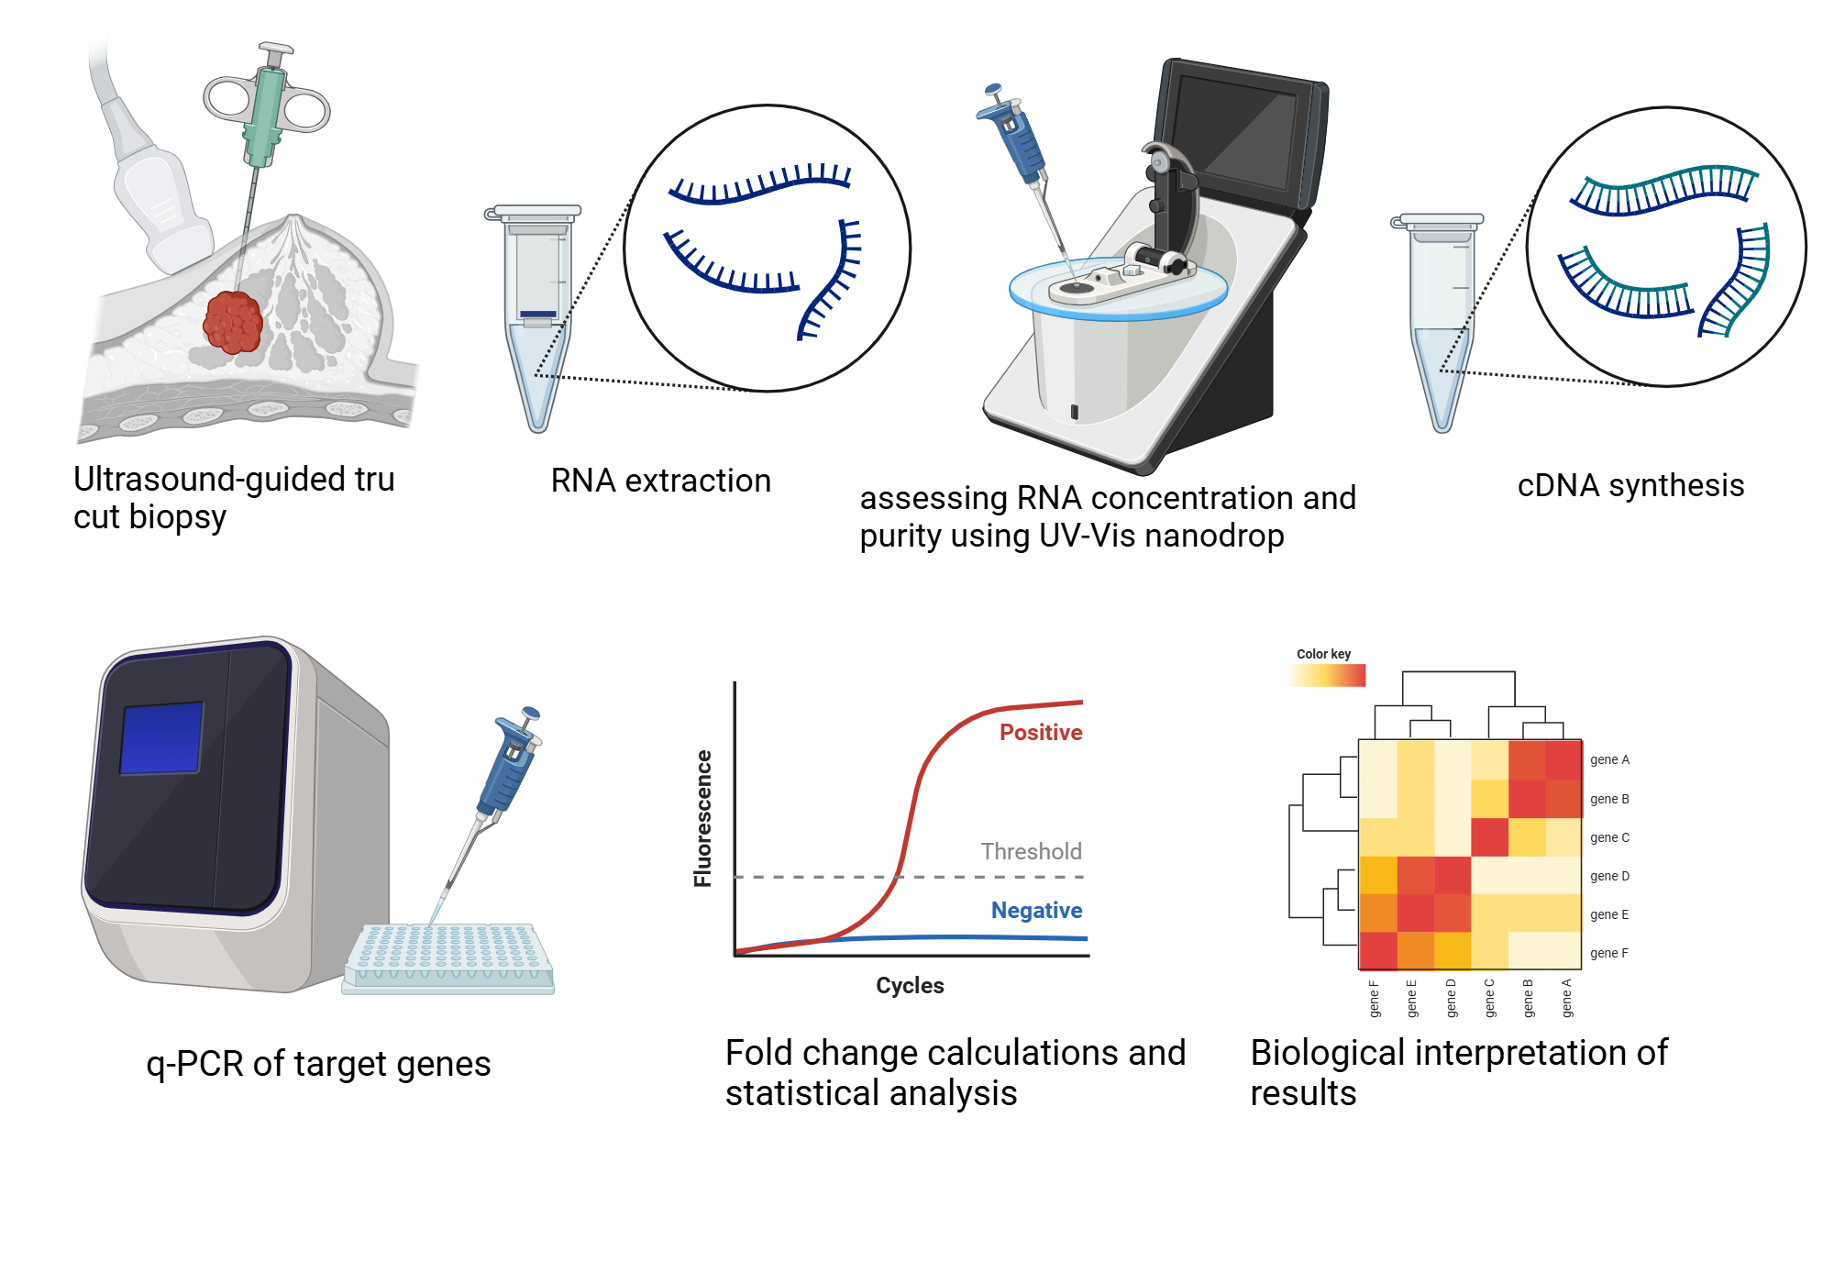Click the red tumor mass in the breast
point(233,322)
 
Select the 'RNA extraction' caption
point(660,481)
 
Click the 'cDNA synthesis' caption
point(1630,485)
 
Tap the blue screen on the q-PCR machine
point(162,738)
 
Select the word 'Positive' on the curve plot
point(1040,732)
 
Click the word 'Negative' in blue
point(1036,910)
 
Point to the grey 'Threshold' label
point(1031,851)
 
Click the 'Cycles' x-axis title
point(910,985)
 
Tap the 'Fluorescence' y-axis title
point(703,818)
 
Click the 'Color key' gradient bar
point(1326,675)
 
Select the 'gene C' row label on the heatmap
point(1609,837)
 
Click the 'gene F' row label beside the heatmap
point(1609,953)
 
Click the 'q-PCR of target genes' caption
point(318,1064)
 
